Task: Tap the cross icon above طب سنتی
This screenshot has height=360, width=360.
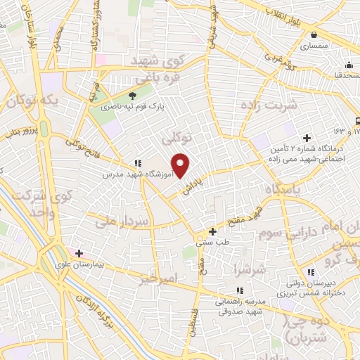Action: click(213, 231)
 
